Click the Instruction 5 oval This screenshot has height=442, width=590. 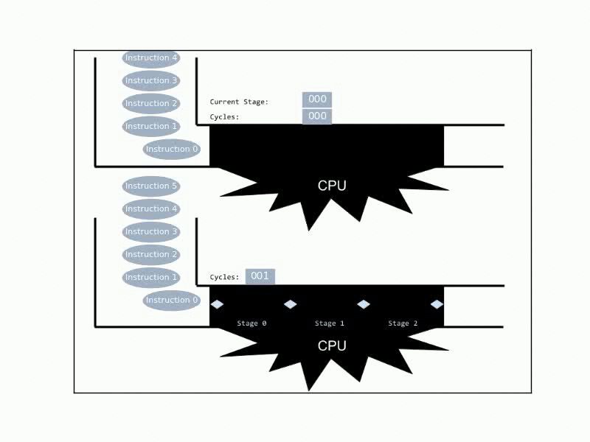151,186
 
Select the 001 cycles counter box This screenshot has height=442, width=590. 260,276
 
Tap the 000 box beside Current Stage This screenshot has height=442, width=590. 317,99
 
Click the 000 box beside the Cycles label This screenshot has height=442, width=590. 317,116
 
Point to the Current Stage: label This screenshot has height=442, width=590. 239,102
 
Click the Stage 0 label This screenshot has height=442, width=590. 251,323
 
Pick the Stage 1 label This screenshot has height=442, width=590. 329,323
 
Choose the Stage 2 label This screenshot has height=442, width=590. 403,323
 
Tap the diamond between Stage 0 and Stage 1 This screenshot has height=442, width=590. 290,304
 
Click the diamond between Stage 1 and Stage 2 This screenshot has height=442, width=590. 364,304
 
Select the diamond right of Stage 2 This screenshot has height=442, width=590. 437,304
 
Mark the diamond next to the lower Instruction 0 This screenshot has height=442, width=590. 217,304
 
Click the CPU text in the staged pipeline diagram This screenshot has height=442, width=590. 332,345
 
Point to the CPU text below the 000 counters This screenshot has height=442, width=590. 332,186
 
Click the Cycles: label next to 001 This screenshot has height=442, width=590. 225,277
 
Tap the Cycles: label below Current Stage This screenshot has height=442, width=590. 225,117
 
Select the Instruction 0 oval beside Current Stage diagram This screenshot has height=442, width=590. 172,150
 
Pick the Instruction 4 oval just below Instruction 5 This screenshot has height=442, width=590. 151,209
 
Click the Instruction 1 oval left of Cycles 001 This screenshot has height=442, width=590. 151,278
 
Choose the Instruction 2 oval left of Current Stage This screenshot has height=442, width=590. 151,103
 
